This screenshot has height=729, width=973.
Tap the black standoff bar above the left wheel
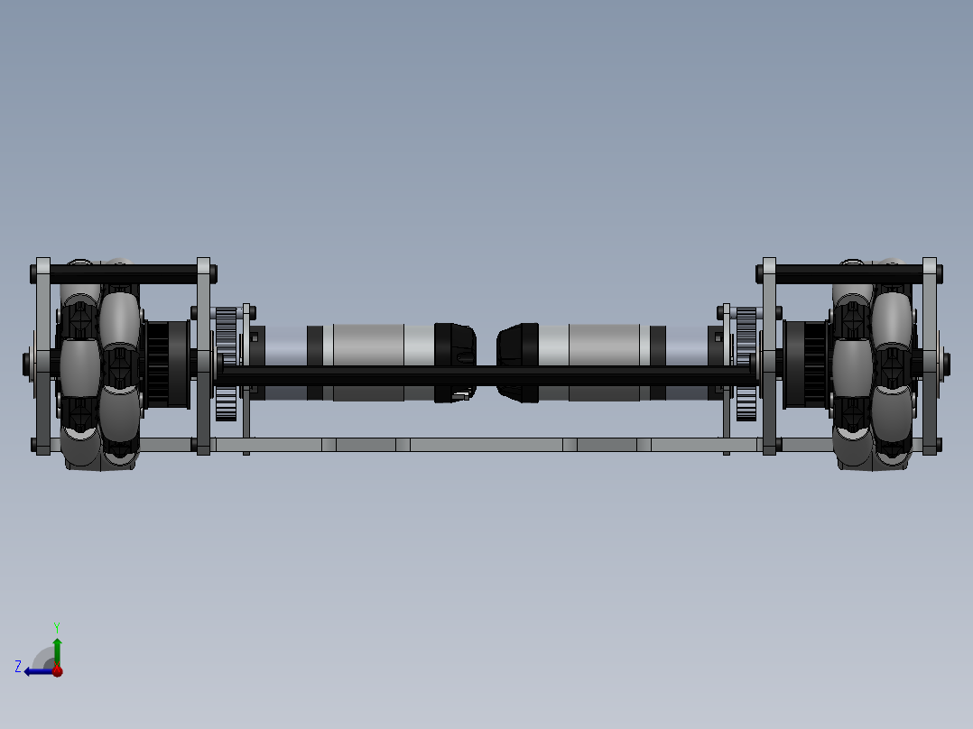[126, 271]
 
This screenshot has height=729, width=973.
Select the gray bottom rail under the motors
[487, 445]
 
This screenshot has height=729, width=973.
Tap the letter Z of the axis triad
[18, 666]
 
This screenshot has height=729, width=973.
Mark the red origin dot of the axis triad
[57, 670]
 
